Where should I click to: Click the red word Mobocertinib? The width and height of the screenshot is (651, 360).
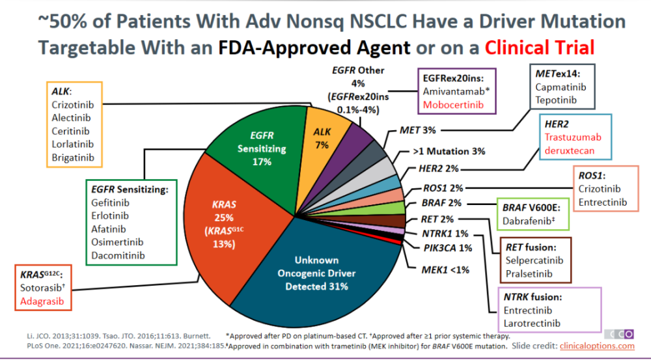point(453,105)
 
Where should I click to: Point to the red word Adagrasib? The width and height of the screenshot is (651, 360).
point(42,301)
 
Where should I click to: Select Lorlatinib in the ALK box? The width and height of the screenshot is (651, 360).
point(73,145)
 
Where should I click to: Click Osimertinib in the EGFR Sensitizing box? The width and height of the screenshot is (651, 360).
point(117,242)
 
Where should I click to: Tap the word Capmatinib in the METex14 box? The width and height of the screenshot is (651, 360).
point(561,87)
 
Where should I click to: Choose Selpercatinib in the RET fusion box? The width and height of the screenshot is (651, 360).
point(534,261)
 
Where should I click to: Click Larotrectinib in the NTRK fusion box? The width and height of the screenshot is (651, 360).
point(532,324)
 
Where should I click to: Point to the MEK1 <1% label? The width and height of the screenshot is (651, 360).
point(445,270)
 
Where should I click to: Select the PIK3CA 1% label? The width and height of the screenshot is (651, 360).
point(448,248)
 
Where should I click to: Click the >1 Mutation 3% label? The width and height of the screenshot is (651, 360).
point(449,152)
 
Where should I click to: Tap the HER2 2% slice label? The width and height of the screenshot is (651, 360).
point(438,169)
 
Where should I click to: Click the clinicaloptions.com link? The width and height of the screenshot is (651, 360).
point(597,346)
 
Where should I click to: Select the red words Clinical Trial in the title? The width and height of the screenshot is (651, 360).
point(539,48)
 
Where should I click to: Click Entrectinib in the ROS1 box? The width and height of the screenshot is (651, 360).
point(602,202)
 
